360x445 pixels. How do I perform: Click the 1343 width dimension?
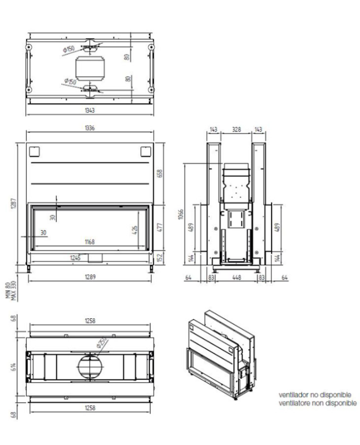pyautogui.click(x=90, y=110)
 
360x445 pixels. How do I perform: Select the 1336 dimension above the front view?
pyautogui.click(x=90, y=128)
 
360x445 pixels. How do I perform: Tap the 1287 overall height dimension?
pyautogui.click(x=13, y=204)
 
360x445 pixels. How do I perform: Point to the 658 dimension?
pyautogui.click(x=160, y=174)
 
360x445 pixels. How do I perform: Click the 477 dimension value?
pyautogui.click(x=160, y=228)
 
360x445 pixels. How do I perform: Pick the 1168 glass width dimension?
pyautogui.click(x=90, y=242)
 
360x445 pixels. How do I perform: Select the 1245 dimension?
pyautogui.click(x=75, y=258)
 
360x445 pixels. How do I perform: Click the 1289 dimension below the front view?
pyautogui.click(x=90, y=277)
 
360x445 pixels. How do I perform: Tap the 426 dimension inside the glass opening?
pyautogui.click(x=135, y=230)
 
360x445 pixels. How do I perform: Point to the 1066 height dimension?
pyautogui.click(x=181, y=214)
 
